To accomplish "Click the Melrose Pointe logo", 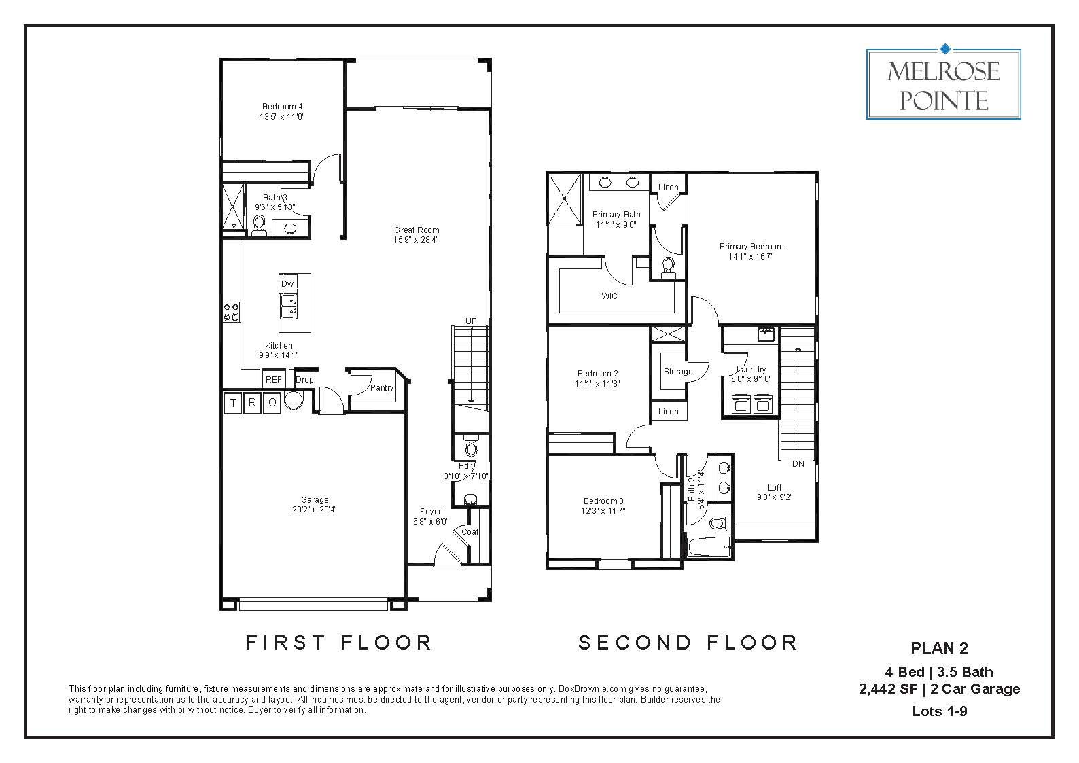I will click(x=943, y=84).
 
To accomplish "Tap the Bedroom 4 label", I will click(x=282, y=107).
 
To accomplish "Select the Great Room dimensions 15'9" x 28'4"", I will click(x=416, y=240).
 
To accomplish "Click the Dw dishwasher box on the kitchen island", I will click(x=287, y=283).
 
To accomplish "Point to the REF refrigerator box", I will click(x=273, y=380).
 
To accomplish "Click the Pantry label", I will click(x=382, y=388).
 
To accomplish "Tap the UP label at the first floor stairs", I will click(x=470, y=321).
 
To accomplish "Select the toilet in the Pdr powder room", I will click(x=471, y=448).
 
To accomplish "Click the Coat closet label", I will click(x=470, y=532).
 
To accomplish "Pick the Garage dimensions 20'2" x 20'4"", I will click(x=315, y=510).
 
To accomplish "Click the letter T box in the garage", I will click(x=233, y=403).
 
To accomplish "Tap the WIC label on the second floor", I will click(x=609, y=296).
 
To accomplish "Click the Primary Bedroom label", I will click(x=751, y=247).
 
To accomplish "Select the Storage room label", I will click(x=677, y=372).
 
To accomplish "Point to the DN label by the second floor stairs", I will click(x=798, y=464).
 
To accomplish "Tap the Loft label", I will click(x=774, y=487).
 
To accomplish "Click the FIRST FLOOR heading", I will click(x=338, y=642).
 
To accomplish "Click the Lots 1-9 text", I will click(x=939, y=711).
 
